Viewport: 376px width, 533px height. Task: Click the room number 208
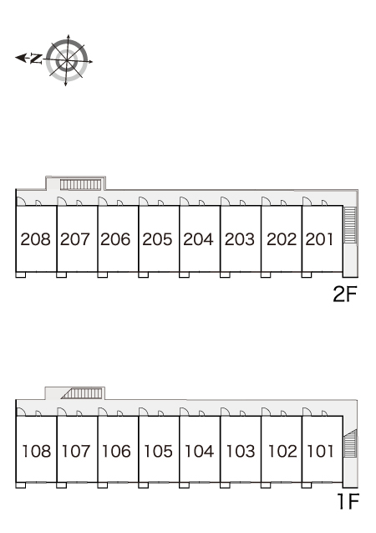tap(36, 239)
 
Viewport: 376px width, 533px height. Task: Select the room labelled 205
tap(157, 239)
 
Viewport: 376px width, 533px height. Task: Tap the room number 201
tap(319, 239)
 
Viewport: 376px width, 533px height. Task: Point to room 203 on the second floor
tap(240, 239)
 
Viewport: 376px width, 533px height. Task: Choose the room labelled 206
tap(115, 239)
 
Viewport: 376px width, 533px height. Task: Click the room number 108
tap(36, 451)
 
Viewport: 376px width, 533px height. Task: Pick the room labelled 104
tap(199, 451)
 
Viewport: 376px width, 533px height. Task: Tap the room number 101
tap(320, 451)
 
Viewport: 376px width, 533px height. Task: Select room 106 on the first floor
tap(116, 451)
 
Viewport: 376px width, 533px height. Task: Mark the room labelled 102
tap(282, 451)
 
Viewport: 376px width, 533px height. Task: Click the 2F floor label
tap(345, 294)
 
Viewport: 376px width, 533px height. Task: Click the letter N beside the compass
tap(36, 59)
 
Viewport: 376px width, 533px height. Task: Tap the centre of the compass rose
tap(67, 61)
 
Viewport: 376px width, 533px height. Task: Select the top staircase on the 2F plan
tap(81, 185)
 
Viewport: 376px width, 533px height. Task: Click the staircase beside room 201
tap(350, 225)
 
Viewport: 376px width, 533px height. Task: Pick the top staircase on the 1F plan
tap(81, 393)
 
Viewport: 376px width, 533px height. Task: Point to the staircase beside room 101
tap(350, 443)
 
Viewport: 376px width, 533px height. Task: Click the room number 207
tap(75, 239)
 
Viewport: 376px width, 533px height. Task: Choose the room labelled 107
tap(76, 451)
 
